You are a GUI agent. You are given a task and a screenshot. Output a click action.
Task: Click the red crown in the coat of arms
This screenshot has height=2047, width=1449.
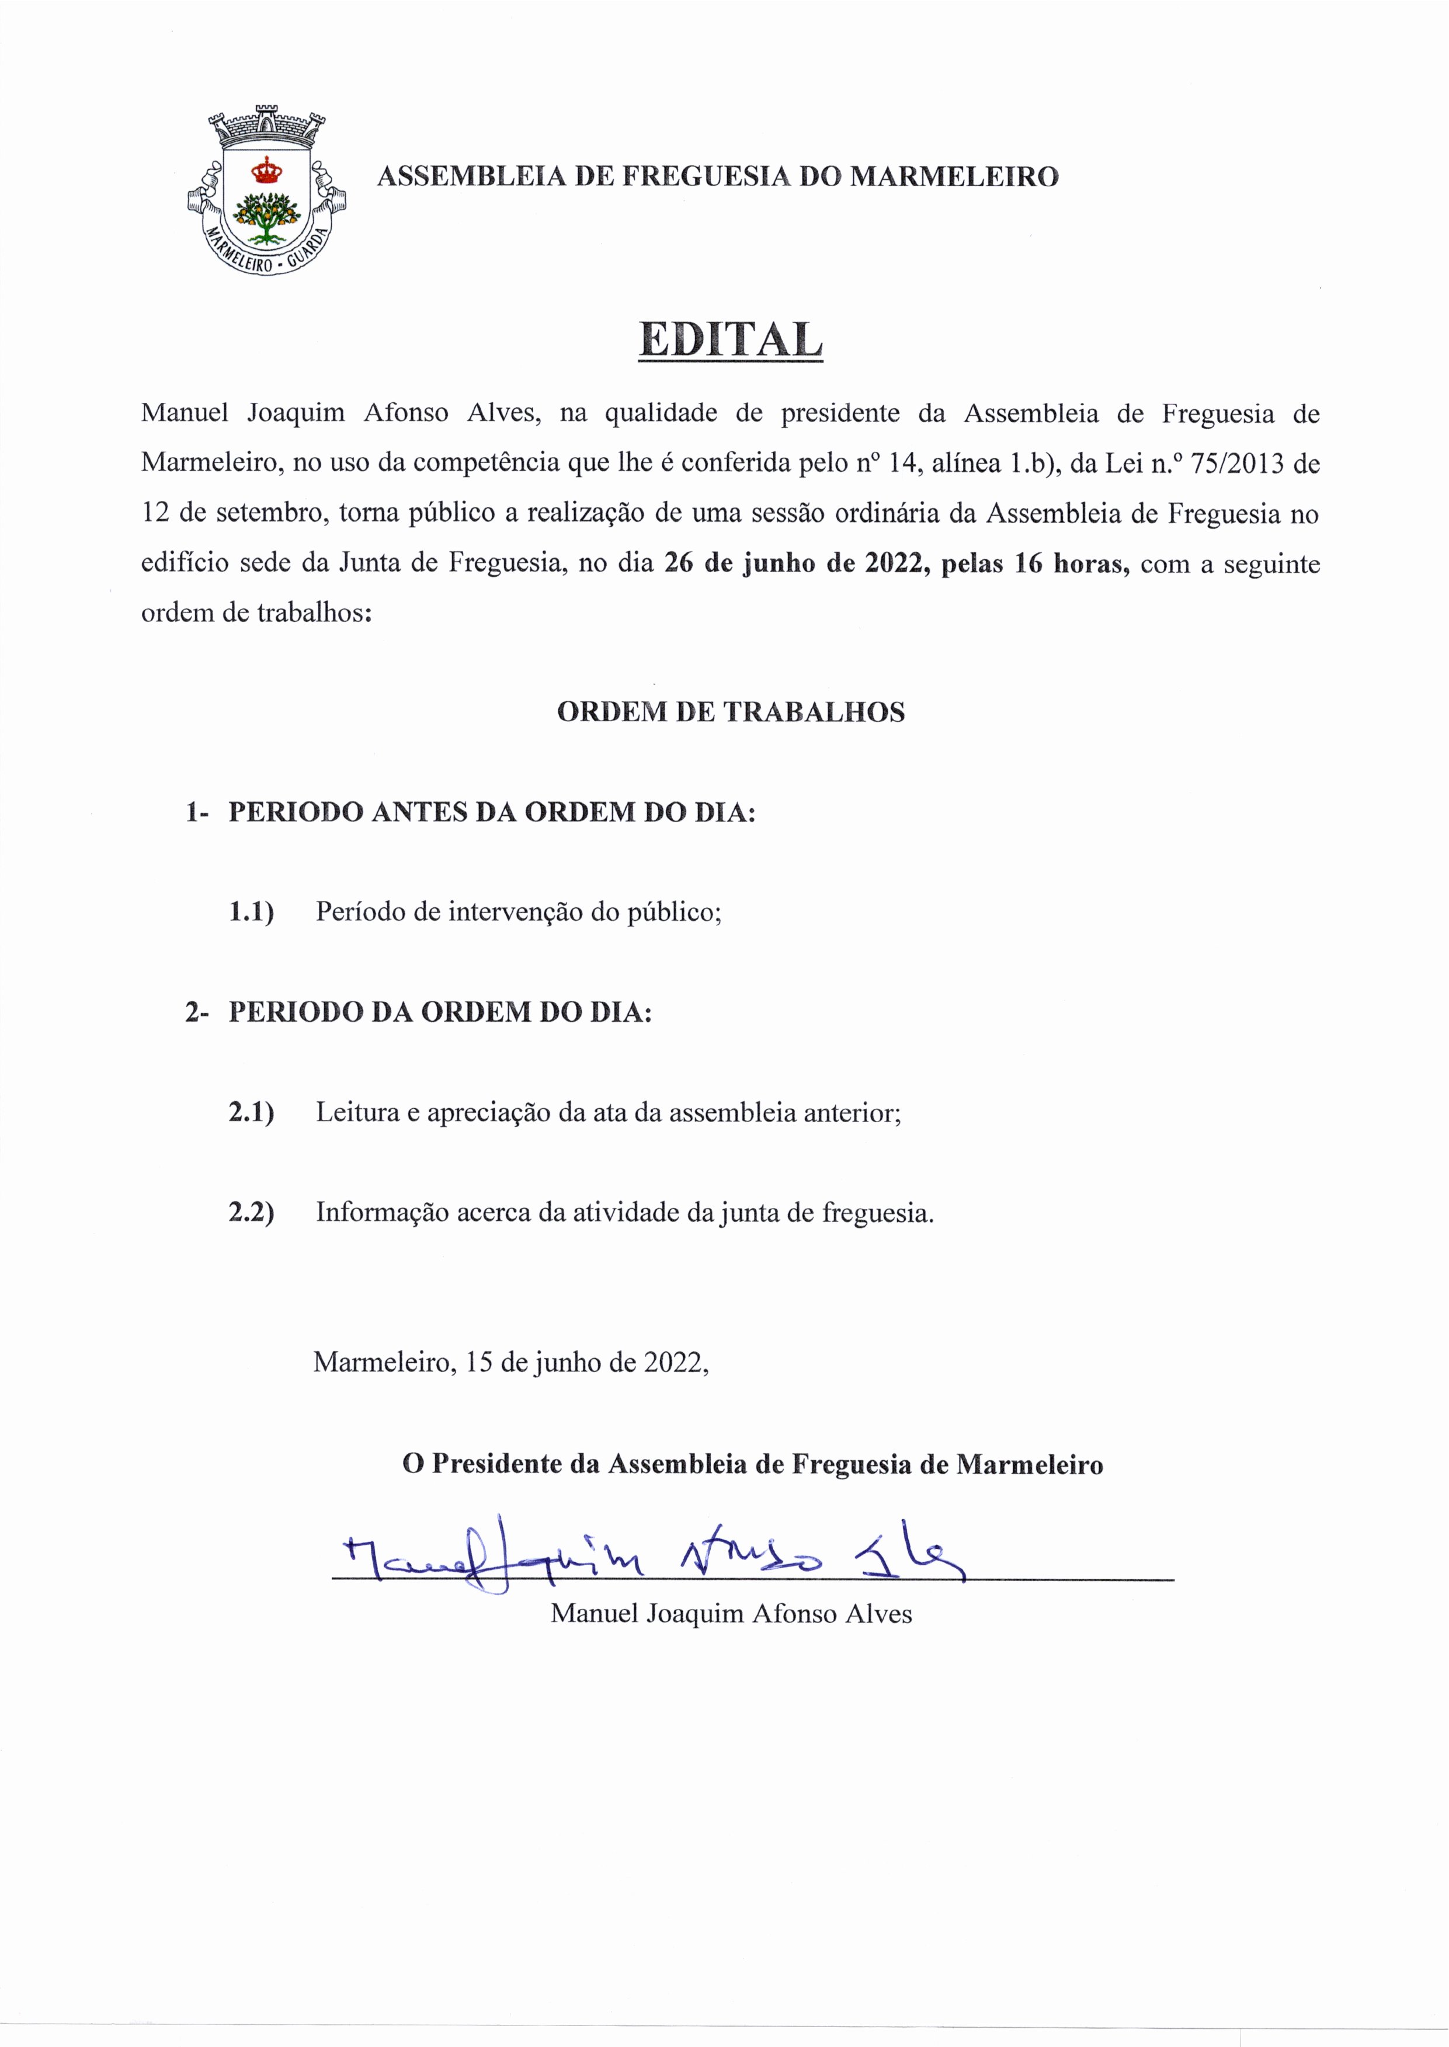[265, 169]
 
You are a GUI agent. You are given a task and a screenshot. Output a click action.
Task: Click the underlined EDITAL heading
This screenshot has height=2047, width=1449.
[730, 340]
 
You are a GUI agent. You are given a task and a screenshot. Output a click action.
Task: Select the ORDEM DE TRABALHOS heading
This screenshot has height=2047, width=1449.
[730, 712]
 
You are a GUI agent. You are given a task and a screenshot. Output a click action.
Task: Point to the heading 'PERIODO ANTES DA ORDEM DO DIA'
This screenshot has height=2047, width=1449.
[492, 813]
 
